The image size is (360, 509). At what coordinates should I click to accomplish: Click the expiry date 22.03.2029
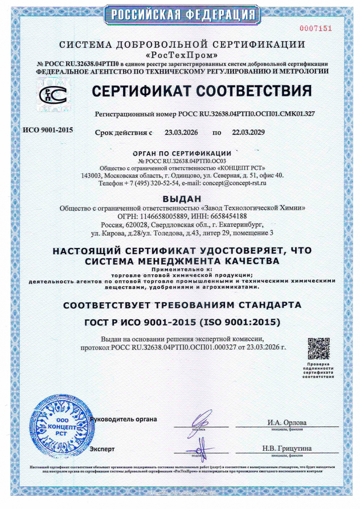click(x=248, y=132)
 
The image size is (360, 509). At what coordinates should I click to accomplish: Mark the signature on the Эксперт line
click(x=201, y=449)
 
